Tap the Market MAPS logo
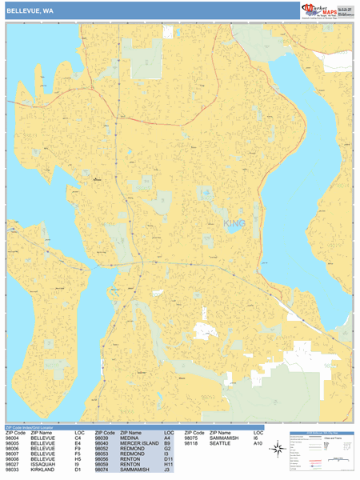(x=326, y=10)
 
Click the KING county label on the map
(x=235, y=223)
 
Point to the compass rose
(x=277, y=449)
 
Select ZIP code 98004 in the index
(x=14, y=438)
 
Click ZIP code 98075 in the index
(x=193, y=438)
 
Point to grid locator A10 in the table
(x=258, y=443)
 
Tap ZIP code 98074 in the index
(x=103, y=470)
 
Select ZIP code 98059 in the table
(x=103, y=464)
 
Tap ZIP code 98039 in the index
(x=103, y=438)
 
